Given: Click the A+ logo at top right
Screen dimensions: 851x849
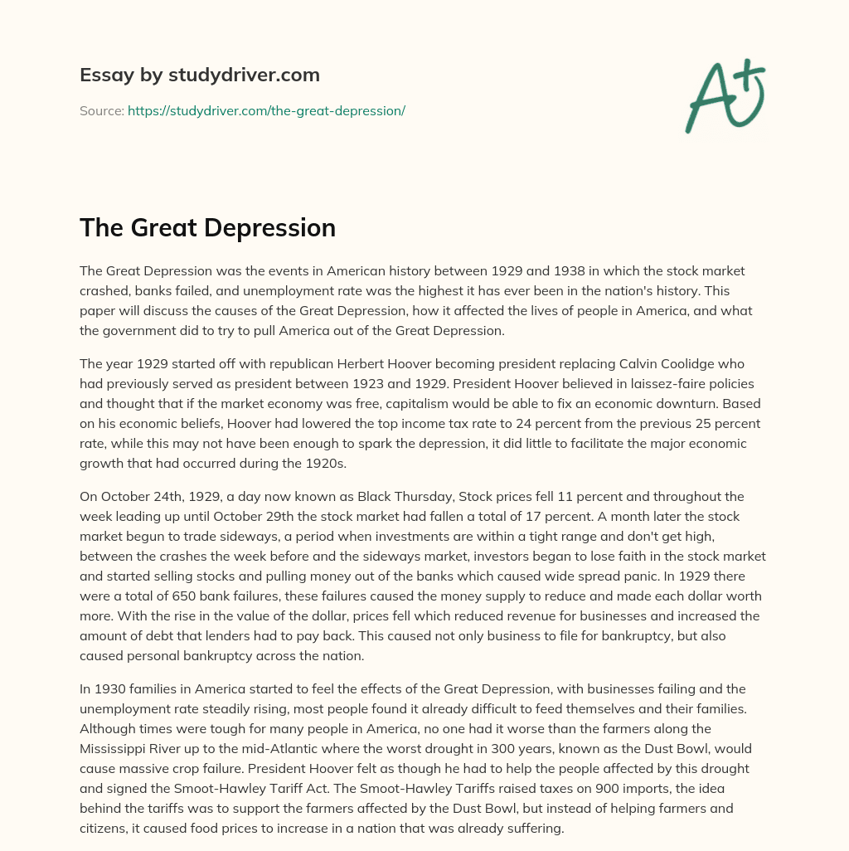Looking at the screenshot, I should (725, 96).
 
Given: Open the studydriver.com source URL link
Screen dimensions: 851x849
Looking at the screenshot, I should (266, 110).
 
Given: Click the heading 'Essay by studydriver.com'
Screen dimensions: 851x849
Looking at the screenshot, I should (199, 75).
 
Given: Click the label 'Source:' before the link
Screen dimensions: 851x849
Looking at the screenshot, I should (101, 110).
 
